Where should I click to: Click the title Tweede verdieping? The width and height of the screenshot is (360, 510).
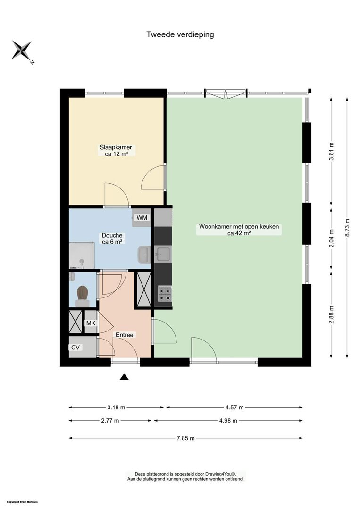click(180, 34)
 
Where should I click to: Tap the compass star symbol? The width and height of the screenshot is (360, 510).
click(22, 50)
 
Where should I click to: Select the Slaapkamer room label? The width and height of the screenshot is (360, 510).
click(116, 147)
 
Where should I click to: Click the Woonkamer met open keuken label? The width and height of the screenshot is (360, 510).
click(239, 226)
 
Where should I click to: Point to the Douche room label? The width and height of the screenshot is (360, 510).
click(112, 235)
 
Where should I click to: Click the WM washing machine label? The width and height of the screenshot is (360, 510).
click(142, 218)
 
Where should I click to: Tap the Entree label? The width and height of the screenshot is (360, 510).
click(125, 335)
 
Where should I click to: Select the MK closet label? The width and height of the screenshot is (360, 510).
click(91, 323)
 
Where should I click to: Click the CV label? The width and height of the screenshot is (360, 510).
click(75, 348)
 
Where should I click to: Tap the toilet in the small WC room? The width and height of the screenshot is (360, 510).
click(83, 296)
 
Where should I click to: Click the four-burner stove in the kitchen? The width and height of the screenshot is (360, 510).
click(165, 294)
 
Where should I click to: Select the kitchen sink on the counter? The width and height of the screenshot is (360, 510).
click(163, 254)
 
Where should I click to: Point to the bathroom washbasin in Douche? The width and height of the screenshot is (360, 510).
click(144, 255)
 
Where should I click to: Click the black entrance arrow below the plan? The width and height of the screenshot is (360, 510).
click(124, 377)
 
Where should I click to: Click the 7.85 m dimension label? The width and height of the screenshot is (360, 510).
click(186, 438)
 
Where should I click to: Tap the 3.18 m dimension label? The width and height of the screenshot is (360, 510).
click(117, 407)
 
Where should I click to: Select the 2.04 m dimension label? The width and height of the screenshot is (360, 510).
click(331, 239)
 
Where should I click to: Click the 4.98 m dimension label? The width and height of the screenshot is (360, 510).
click(228, 421)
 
